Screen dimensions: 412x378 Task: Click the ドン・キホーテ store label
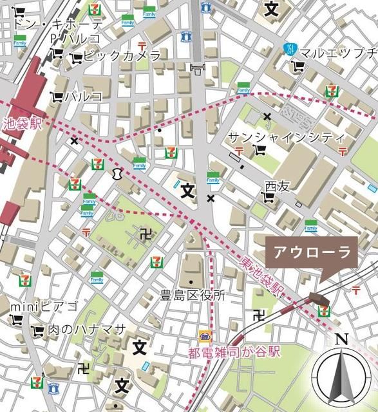(58, 24)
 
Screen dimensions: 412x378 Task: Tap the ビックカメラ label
(122, 57)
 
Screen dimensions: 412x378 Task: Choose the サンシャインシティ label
(287, 138)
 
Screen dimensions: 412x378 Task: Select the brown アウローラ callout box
(313, 252)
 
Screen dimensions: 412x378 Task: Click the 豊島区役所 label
(193, 295)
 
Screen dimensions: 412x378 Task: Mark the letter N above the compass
(342, 339)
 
